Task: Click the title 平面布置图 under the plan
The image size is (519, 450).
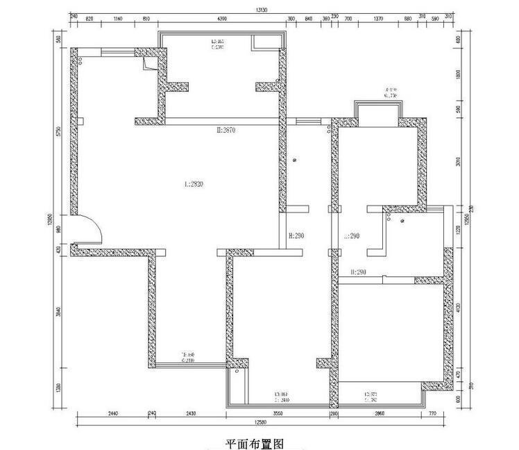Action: [255, 442]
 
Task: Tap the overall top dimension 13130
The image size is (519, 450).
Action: [261, 10]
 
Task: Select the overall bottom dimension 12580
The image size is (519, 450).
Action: [260, 421]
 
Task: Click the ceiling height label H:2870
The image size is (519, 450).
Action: [227, 130]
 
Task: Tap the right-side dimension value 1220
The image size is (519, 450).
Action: [459, 229]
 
